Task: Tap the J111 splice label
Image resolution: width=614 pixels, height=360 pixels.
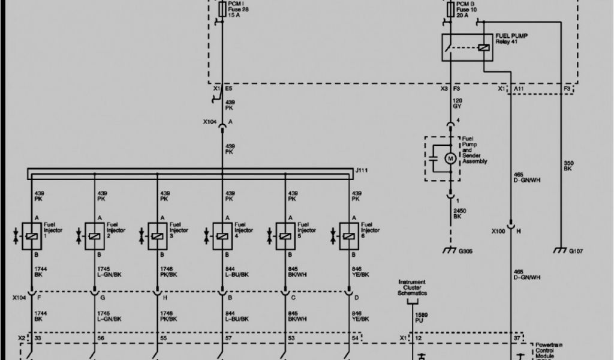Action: pos(362,171)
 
